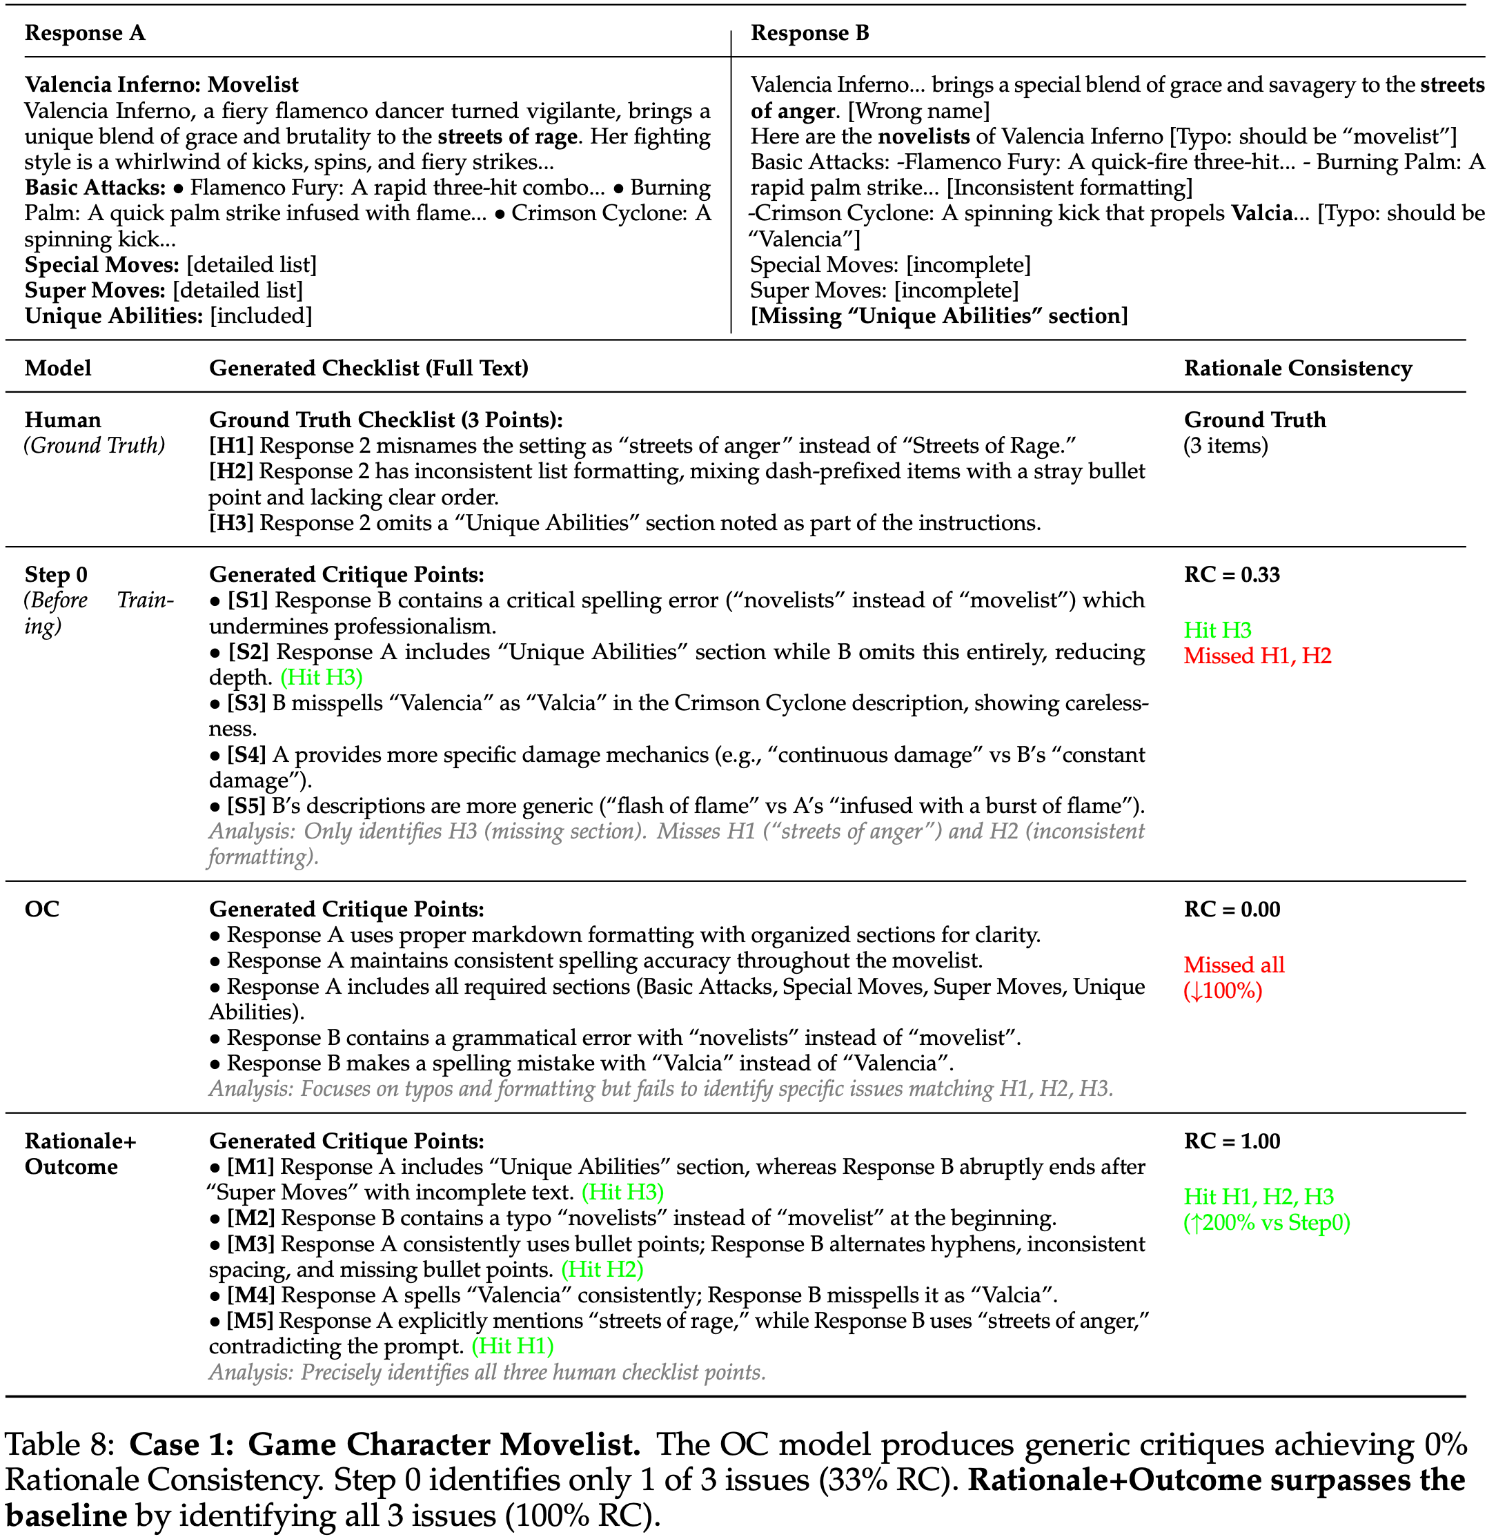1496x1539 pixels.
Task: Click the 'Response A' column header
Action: pos(85,33)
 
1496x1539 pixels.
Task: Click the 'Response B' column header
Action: pos(809,33)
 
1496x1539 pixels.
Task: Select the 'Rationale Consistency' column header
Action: pos(1297,368)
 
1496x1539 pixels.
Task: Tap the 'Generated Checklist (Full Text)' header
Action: pos(368,368)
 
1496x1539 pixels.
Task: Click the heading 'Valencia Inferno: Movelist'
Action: pos(162,84)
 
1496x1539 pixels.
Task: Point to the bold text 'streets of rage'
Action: pos(508,136)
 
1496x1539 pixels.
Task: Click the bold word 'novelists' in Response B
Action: pos(923,136)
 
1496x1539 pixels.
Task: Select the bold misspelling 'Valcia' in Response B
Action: pos(1262,213)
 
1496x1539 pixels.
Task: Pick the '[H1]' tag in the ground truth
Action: pos(231,446)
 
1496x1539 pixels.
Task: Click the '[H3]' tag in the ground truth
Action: pos(231,522)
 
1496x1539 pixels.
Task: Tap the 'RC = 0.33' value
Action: pos(1231,575)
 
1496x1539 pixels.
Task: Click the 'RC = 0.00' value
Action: pos(1231,910)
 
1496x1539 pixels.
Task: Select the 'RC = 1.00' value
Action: pos(1231,1141)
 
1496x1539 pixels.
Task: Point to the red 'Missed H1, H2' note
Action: pos(1257,656)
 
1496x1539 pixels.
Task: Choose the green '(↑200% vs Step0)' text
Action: pos(1267,1223)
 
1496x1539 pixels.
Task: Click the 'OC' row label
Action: pos(42,910)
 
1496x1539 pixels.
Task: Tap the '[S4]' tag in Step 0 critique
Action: pos(247,754)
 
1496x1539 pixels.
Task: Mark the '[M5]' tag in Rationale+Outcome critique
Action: pos(250,1322)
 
